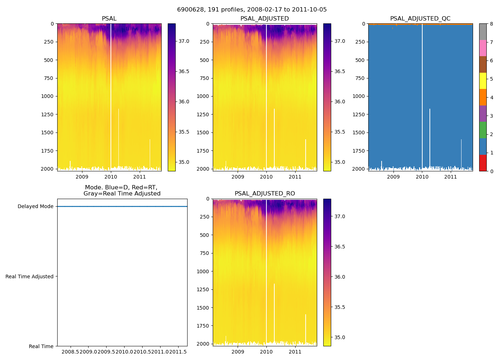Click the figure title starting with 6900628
(252, 10)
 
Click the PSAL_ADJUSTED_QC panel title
(420, 19)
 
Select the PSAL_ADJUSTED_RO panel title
(265, 194)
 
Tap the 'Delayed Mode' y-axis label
(35, 207)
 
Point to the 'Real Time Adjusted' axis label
(30, 276)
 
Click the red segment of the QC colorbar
(483, 163)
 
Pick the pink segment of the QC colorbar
(483, 48)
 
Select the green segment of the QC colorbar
(483, 130)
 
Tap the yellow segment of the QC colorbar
(483, 81)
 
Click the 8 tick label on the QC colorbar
(491, 24)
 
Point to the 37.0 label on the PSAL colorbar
(184, 41)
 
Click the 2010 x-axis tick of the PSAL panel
(111, 177)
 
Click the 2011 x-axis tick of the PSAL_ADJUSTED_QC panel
(451, 177)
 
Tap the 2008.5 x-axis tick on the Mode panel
(71, 352)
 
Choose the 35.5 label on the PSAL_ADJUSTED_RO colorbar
(340, 307)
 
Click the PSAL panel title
(109, 19)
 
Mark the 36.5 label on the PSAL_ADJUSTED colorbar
(340, 71)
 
